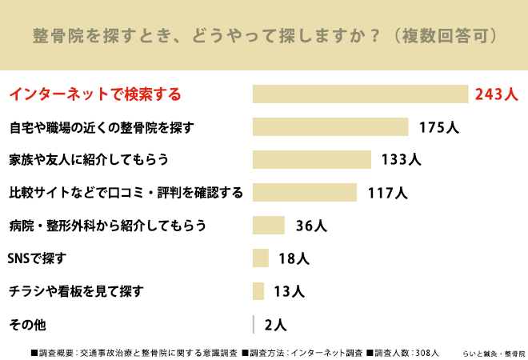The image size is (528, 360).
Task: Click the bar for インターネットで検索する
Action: [x=360, y=94]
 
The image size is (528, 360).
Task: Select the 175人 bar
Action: [x=330, y=126]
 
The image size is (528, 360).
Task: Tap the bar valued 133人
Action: [x=312, y=159]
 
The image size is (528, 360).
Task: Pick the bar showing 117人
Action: [x=305, y=192]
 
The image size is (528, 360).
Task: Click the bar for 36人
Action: [x=268, y=225]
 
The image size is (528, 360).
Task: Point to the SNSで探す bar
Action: [x=261, y=258]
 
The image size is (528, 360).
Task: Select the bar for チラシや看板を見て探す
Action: [x=258, y=291]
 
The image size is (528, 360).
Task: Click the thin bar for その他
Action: [x=254, y=324]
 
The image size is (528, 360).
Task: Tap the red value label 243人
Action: [x=496, y=94]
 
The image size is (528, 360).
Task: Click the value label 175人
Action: [x=439, y=127]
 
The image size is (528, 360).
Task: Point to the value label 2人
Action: [x=275, y=325]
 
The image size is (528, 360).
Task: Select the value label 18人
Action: [x=294, y=258]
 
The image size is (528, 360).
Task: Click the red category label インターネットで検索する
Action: [x=95, y=94]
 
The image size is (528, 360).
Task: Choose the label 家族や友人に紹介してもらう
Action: [x=89, y=159]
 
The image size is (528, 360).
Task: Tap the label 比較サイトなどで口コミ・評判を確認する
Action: [x=126, y=192]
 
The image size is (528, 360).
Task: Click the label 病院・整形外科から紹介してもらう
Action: [x=107, y=226]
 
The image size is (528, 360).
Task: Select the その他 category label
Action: [x=28, y=325]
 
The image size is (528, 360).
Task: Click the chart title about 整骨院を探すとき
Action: [x=265, y=36]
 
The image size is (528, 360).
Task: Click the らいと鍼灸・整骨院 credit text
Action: [x=494, y=354]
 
